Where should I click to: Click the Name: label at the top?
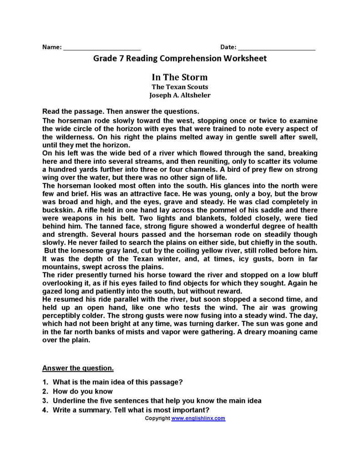[51, 47]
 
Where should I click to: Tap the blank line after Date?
[277, 48]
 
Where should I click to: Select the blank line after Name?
[102, 48]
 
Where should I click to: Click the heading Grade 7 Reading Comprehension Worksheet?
[180, 59]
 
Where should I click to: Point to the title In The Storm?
[179, 77]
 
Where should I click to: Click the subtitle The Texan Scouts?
[180, 87]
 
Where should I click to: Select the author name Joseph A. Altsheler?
[180, 96]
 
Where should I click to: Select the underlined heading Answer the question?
[78, 368]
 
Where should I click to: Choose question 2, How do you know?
[82, 391]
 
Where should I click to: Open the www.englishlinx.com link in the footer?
[198, 418]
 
